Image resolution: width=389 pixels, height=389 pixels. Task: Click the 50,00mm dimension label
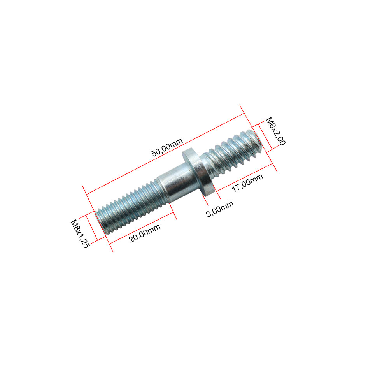pyautogui.click(x=167, y=147)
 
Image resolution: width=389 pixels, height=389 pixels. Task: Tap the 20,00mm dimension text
pyautogui.click(x=145, y=233)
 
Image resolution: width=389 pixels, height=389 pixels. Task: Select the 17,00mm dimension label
pyautogui.click(x=247, y=183)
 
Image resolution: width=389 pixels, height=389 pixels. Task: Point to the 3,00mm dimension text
pyautogui.click(x=220, y=209)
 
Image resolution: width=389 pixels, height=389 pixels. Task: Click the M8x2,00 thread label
pyautogui.click(x=276, y=131)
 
